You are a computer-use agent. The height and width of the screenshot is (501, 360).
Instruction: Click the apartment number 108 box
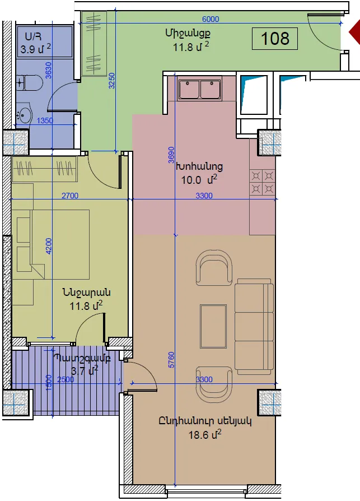click(275, 39)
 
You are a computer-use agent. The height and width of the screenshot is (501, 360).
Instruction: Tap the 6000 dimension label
click(211, 19)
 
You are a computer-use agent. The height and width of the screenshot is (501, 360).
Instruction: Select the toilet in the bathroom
click(29, 83)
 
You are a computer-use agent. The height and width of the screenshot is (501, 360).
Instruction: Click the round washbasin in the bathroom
click(24, 113)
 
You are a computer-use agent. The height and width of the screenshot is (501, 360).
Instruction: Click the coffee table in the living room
click(213, 326)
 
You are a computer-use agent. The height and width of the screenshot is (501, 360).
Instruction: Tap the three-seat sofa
click(254, 326)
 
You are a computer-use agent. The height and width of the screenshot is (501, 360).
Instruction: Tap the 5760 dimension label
click(171, 360)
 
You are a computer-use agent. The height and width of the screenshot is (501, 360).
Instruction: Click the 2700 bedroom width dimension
click(70, 196)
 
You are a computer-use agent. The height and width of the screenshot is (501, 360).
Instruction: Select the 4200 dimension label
click(49, 247)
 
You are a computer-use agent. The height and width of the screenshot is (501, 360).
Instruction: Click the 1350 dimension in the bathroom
click(45, 120)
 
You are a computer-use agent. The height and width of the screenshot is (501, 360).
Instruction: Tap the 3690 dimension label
click(171, 155)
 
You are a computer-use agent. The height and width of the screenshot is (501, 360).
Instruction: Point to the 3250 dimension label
click(111, 81)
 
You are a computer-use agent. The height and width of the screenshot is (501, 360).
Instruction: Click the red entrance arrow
click(354, 32)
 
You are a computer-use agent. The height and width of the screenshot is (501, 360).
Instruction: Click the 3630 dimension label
click(49, 70)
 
